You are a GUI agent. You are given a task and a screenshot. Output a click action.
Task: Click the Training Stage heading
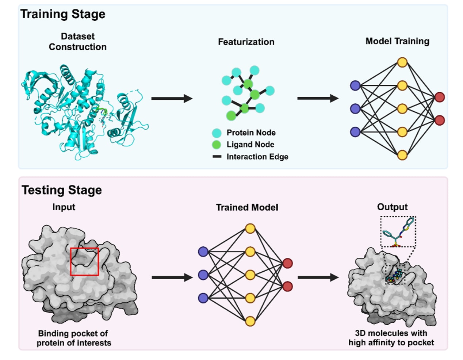coord(63,14)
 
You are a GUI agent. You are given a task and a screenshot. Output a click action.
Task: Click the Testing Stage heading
coord(62,190)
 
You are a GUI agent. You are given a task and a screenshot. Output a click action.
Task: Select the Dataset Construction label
coord(78,42)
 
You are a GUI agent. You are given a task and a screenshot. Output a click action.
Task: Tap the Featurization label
coord(246,42)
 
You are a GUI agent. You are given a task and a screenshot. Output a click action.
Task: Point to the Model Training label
coord(397,41)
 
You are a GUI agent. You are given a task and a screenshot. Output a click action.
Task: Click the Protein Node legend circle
coord(217,133)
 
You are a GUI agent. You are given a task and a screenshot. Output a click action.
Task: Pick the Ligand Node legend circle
coord(217,145)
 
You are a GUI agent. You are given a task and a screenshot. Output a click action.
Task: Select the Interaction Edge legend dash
coord(217,157)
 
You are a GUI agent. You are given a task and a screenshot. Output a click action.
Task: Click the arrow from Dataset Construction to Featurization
coord(172,98)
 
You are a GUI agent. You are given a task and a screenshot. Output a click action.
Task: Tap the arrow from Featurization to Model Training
coord(318,98)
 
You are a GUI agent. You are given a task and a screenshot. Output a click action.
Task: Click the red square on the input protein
coord(84,261)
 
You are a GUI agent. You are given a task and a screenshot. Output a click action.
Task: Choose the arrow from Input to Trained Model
coord(172,277)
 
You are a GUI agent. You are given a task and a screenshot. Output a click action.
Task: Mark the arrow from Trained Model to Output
coord(318,277)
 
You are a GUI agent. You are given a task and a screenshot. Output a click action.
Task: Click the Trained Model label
coord(247,208)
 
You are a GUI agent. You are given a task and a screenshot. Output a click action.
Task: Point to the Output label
coord(392,207)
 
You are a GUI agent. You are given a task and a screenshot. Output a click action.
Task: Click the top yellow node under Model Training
coord(402,62)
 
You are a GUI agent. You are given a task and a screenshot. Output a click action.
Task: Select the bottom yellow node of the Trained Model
coord(250,321)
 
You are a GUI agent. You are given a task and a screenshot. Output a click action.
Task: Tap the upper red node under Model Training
coord(440,97)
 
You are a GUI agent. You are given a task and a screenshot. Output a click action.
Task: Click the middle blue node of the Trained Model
coord(203,275)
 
